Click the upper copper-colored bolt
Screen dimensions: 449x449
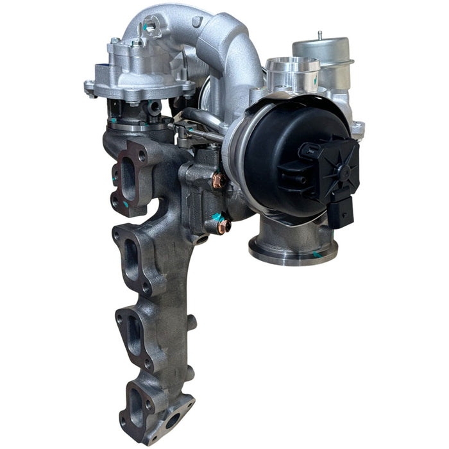[x=218, y=182]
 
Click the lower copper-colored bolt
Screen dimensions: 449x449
[x=223, y=226]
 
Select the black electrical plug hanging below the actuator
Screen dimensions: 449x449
[x=339, y=211]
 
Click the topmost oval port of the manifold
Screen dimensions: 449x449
[x=128, y=182]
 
